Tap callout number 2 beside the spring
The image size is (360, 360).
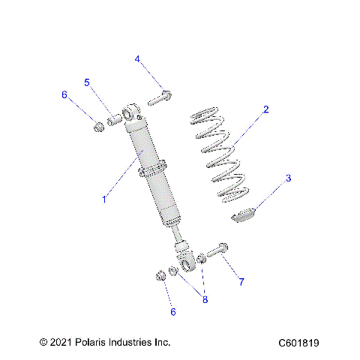tap(265, 109)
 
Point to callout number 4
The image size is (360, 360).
tap(138, 58)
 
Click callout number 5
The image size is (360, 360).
tap(87, 82)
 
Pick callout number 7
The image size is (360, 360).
tap(241, 282)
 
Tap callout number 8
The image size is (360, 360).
tap(205, 299)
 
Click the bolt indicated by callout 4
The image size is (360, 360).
tap(160, 97)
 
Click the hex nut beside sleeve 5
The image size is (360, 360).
tap(98, 124)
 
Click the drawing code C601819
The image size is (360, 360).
tap(298, 343)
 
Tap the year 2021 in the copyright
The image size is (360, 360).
tap(63, 343)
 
